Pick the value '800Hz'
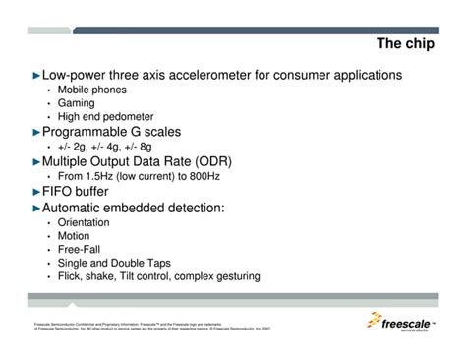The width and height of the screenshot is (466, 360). click(x=209, y=176)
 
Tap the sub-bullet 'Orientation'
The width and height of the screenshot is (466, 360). click(x=84, y=223)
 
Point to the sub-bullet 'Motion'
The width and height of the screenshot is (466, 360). click(x=74, y=236)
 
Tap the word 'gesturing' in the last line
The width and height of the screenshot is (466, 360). click(x=234, y=276)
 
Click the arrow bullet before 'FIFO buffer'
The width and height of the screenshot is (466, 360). click(x=36, y=192)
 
